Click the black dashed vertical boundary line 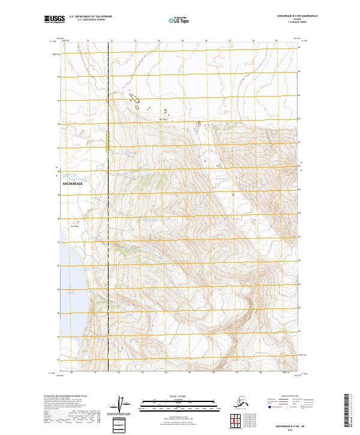pyautogui.click(x=107, y=240)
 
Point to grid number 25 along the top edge pyautogui.click(x=182, y=41)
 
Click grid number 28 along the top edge pyautogui.click(x=253, y=41)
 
